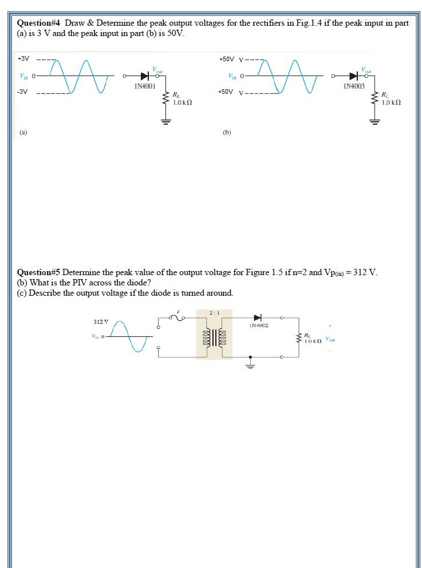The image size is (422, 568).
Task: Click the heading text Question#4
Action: tap(38, 23)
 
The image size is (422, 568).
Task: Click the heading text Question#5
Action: tap(38, 273)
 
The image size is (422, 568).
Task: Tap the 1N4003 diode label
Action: tap(354, 86)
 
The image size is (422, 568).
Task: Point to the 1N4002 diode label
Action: tap(259, 325)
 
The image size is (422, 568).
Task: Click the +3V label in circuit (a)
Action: tap(23, 59)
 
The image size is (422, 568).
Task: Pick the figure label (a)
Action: tap(23, 132)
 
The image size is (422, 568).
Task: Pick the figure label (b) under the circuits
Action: tap(227, 132)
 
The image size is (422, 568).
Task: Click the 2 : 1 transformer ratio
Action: tap(214, 313)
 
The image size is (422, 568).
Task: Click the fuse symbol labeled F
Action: tap(179, 317)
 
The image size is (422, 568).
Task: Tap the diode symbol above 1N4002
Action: tap(258, 317)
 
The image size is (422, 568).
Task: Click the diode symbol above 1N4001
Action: tap(144, 76)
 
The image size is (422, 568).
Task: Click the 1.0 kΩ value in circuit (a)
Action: tap(182, 102)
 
